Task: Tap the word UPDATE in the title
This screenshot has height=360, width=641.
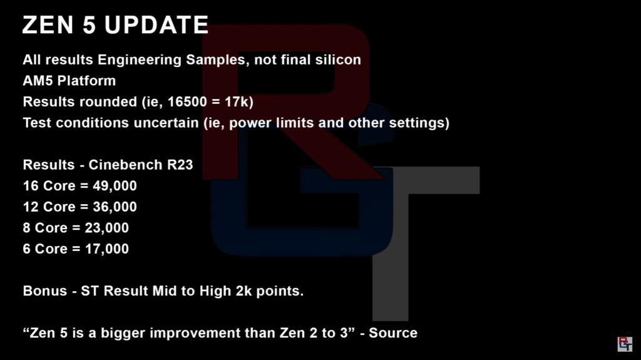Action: (x=156, y=25)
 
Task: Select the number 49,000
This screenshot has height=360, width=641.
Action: (x=115, y=186)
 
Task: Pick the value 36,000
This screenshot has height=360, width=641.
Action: (x=115, y=207)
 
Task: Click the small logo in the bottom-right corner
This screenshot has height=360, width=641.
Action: (x=625, y=344)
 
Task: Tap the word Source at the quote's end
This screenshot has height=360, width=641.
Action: (x=393, y=333)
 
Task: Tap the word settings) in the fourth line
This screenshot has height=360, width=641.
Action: (x=419, y=123)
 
